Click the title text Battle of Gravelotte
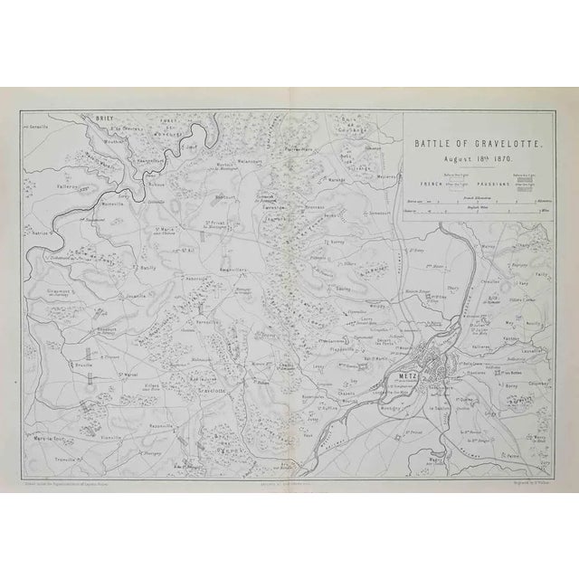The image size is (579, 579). pos(466,142)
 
